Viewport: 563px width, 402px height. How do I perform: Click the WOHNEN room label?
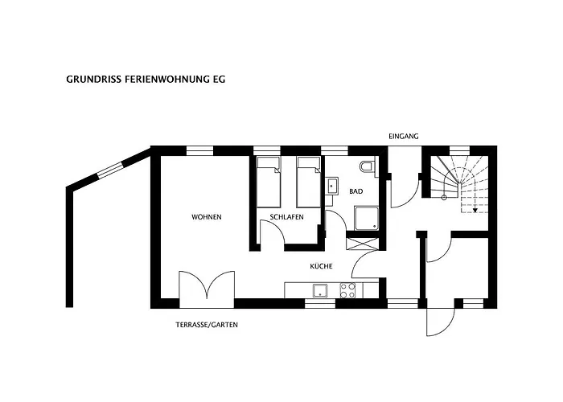tap(207, 217)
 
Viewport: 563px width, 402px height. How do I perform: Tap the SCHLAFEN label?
tap(286, 217)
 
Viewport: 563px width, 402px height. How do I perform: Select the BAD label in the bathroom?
tap(355, 191)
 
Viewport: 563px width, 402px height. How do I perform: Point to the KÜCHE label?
tap(321, 266)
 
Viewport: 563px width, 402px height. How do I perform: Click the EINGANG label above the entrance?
tap(404, 137)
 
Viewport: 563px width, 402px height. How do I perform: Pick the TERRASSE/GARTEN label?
tap(207, 325)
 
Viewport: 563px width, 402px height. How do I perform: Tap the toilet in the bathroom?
tap(368, 167)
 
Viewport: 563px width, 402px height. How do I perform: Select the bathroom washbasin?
tap(331, 186)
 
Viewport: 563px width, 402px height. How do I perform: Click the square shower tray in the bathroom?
tap(367, 218)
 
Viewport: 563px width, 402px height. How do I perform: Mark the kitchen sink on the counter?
tap(320, 290)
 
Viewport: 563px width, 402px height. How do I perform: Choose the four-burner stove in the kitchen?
tap(347, 290)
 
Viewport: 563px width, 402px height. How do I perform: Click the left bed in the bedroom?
tap(268, 183)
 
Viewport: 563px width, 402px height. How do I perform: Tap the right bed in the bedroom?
tap(309, 183)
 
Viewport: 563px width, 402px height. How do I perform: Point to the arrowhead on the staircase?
tap(475, 211)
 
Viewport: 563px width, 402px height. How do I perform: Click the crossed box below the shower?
tap(363, 242)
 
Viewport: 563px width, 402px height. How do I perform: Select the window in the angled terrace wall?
tap(111, 170)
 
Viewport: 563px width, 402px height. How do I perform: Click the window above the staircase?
tap(460, 151)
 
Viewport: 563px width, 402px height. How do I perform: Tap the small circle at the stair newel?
tap(444, 198)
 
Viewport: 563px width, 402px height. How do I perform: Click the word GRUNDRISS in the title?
tap(94, 80)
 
